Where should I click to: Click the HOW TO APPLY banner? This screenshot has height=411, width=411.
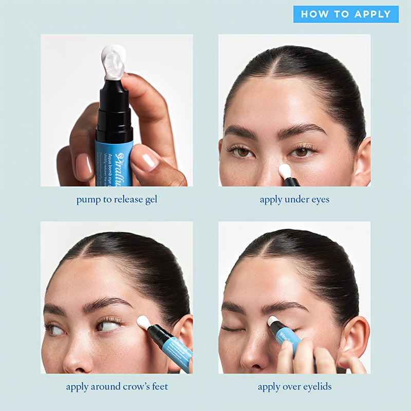click(346, 14)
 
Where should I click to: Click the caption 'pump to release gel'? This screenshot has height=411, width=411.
click(117, 199)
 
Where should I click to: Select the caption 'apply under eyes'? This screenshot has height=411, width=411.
click(294, 199)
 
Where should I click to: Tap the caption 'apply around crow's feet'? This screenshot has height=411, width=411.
click(117, 386)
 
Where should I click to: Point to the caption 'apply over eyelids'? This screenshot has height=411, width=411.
click(294, 386)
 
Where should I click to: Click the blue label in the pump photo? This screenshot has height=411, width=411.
click(114, 163)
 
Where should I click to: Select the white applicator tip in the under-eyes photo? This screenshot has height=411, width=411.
click(285, 171)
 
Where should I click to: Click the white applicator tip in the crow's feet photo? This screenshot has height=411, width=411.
click(143, 322)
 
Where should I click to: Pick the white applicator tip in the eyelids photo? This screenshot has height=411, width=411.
click(273, 321)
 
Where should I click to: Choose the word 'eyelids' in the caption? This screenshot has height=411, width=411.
click(314, 386)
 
